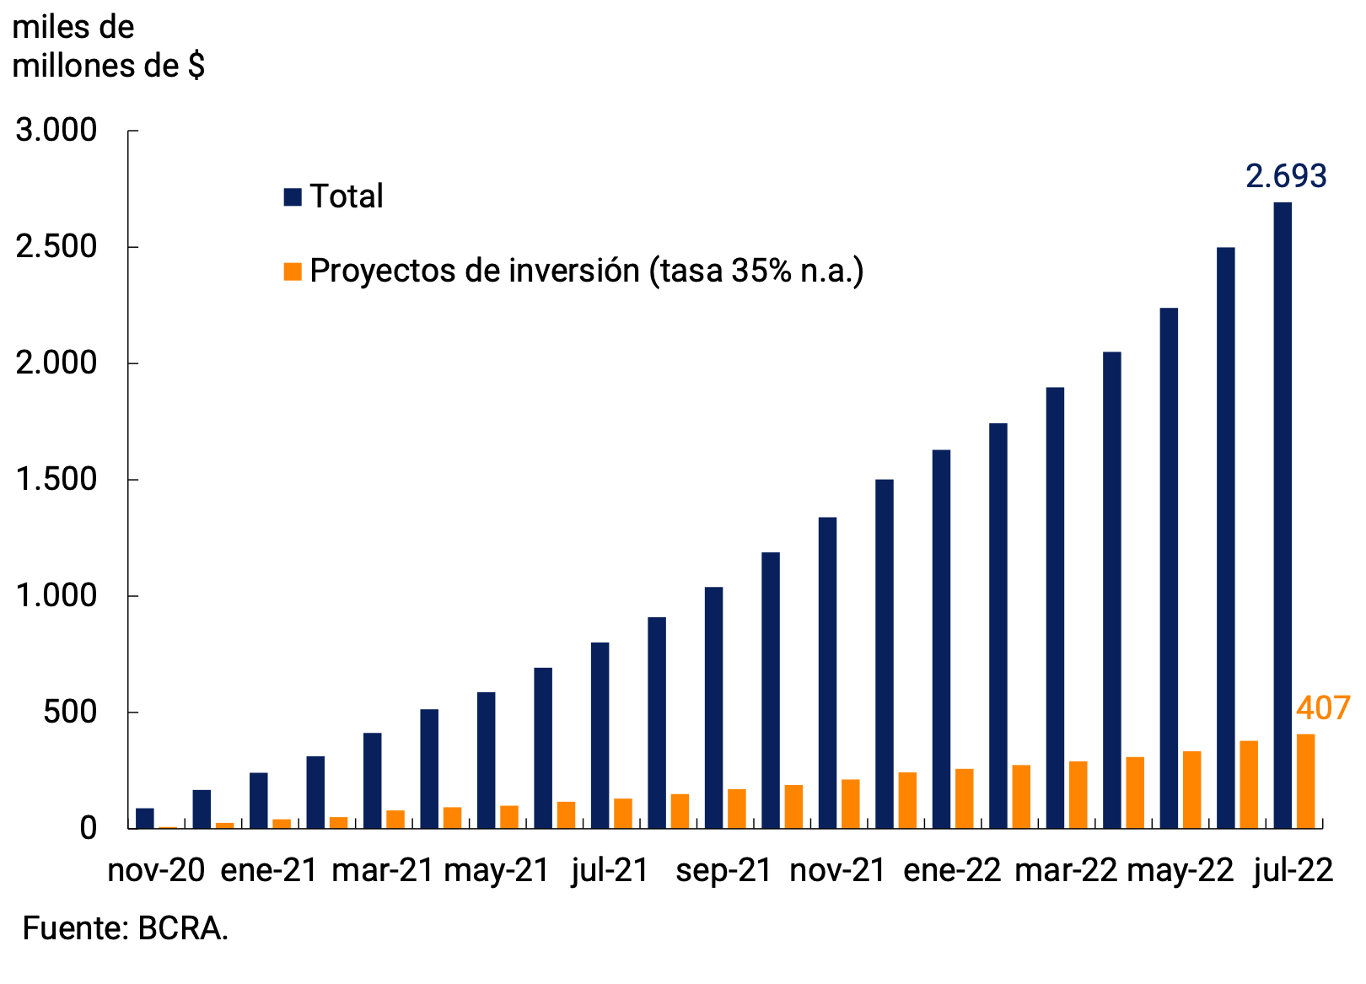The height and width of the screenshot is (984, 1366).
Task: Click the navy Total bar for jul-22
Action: [1283, 514]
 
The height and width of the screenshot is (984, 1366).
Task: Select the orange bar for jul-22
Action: [1305, 781]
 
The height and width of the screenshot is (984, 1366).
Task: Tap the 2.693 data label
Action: [1286, 176]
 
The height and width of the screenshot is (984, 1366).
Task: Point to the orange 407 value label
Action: [1323, 708]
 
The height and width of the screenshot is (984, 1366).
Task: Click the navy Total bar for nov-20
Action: [145, 818]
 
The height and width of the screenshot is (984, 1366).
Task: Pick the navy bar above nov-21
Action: [827, 672]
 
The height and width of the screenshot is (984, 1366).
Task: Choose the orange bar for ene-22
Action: [964, 798]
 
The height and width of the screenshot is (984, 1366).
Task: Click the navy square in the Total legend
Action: [293, 197]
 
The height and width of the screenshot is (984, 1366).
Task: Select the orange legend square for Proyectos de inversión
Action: [293, 272]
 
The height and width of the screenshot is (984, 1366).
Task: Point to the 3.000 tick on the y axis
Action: [56, 131]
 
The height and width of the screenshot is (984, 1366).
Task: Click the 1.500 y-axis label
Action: [56, 480]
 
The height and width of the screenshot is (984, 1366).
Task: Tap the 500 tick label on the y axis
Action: [69, 712]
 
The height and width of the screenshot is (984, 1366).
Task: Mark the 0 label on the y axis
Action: [89, 828]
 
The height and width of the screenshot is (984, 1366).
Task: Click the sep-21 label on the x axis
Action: [723, 870]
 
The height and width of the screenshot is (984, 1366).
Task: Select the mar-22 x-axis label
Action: [1066, 870]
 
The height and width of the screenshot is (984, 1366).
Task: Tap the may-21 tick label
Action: [497, 870]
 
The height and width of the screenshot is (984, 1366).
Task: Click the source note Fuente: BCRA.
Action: [126, 928]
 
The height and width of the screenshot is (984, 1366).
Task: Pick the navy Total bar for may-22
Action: [1169, 567]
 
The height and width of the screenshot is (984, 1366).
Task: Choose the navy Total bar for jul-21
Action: [600, 735]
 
